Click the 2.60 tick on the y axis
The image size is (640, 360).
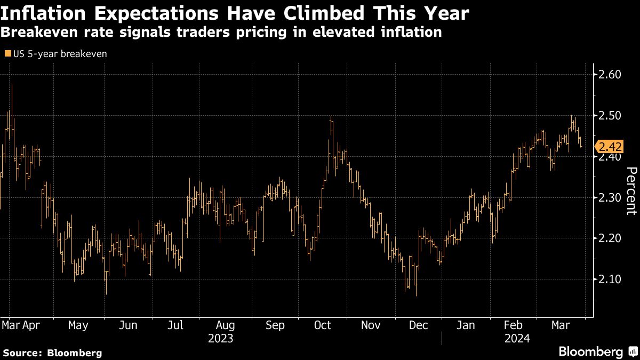point(610,75)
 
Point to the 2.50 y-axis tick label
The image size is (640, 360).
point(610,116)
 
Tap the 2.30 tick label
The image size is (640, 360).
point(610,197)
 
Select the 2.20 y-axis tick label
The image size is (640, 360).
point(610,238)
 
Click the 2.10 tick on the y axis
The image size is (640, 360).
point(610,279)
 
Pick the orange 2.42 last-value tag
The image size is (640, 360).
point(610,147)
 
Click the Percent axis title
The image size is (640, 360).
point(630,191)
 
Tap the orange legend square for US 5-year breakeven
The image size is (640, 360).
point(7,53)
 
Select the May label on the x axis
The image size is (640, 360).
point(79,325)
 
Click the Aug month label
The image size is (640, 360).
point(226,325)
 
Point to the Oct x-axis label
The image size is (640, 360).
point(323,325)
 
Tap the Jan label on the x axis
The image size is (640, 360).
point(466,325)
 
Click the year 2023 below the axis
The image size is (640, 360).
point(220,338)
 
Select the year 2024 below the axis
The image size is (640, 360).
point(516,338)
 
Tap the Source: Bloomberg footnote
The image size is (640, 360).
point(52,353)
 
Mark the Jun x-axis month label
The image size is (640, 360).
point(129,325)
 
